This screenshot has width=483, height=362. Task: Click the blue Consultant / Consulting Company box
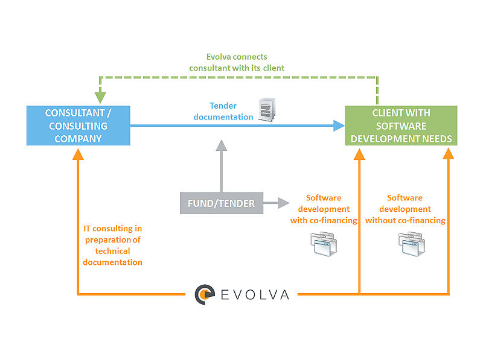(78, 126)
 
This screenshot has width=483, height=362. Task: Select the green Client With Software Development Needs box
(401, 126)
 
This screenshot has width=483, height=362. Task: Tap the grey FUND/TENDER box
(221, 203)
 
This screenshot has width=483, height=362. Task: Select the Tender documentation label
(223, 111)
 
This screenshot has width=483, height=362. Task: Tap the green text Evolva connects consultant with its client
(237, 62)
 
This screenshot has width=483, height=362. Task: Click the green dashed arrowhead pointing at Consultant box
(100, 97)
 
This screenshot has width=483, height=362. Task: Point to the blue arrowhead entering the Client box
(339, 126)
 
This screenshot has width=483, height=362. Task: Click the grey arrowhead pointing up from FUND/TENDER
(222, 145)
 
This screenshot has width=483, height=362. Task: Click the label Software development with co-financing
(324, 209)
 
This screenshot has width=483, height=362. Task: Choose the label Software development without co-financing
(405, 209)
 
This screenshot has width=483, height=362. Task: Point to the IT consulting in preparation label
(113, 245)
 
